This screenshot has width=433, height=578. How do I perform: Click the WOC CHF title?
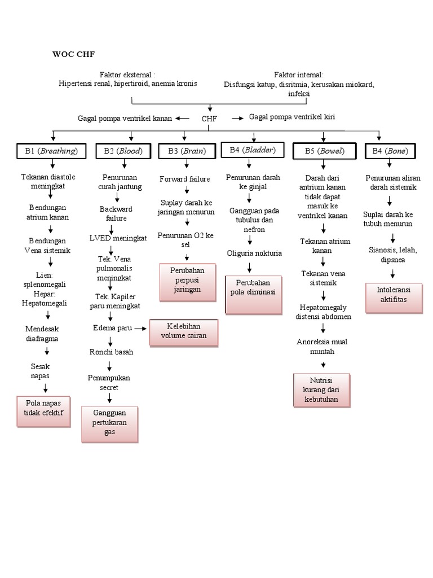pos(73,55)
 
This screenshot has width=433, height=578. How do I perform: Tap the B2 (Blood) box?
pos(122,151)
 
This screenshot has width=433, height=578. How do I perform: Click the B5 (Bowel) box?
pos(324,151)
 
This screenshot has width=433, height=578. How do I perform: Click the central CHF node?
pos(209,119)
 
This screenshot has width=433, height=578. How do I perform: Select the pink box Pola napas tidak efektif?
pos(43,408)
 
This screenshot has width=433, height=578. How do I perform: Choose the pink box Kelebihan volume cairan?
pos(183,332)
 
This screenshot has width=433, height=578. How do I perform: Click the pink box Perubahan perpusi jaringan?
pos(187,281)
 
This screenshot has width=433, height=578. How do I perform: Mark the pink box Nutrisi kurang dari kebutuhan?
pos(321,389)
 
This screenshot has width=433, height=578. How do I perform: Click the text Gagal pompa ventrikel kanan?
pos(125,118)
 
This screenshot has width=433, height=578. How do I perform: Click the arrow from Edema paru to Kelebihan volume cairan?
pos(140,327)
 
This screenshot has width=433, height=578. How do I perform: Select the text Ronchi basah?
pos(111,352)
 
